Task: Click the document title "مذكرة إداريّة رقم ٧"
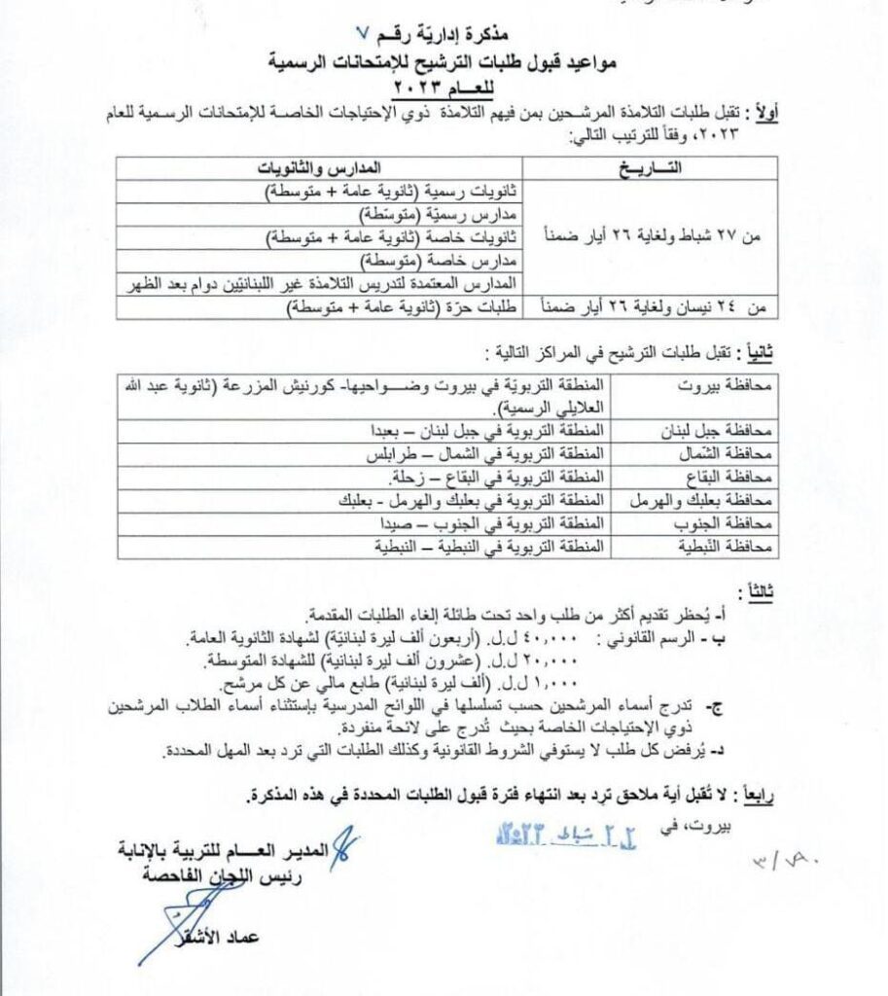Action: click(x=443, y=44)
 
